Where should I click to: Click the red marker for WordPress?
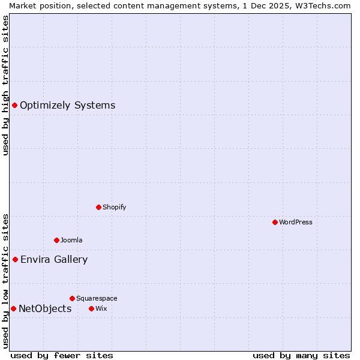[275, 222]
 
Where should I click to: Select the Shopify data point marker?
[98, 207]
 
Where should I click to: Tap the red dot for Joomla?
[56, 240]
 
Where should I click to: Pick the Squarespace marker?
[72, 298]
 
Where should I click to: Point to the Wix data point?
[91, 308]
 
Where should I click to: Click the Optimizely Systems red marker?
[14, 106]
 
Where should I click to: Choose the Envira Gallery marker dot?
[15, 259]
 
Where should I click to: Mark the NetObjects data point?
[13, 308]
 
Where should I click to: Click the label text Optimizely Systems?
[67, 106]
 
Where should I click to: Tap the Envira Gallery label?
[54, 259]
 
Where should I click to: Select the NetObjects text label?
[45, 308]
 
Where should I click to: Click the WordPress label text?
[296, 222]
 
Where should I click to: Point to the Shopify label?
[114, 207]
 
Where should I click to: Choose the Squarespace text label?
[97, 298]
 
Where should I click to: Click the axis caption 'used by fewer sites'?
[62, 355]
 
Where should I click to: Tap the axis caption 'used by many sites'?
[301, 355]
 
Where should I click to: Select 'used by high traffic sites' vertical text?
[5, 85]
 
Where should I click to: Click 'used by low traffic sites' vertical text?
[5, 280]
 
